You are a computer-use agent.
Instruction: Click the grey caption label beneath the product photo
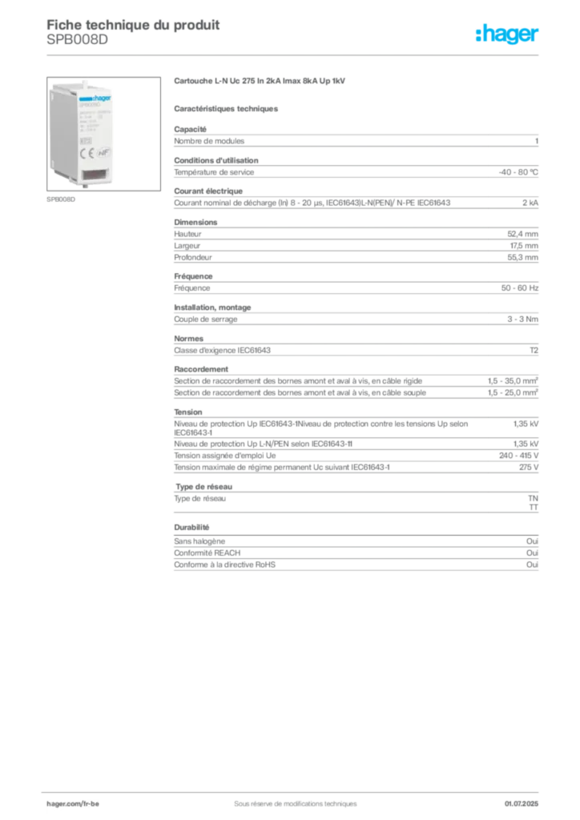point(60,200)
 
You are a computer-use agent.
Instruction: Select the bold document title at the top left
point(132,22)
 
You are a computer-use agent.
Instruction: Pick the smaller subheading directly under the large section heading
point(227,107)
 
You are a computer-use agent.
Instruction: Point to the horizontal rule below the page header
point(294,54)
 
